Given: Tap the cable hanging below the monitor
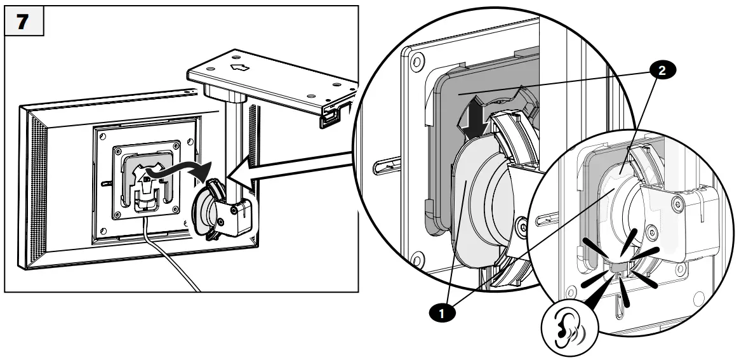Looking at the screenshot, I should (171, 260).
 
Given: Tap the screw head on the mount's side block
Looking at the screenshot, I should (222, 222).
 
